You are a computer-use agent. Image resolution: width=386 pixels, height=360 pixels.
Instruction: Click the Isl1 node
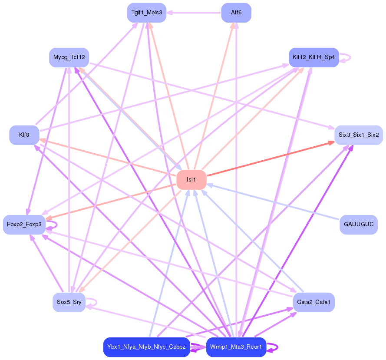pyautogui.click(x=191, y=180)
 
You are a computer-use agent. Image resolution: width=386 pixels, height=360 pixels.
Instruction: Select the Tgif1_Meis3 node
pyautogui.click(x=147, y=13)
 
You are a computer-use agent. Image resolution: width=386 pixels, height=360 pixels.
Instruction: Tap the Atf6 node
pyautogui.click(x=236, y=13)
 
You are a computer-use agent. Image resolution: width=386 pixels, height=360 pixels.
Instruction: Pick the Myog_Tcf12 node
pyautogui.click(x=69, y=57)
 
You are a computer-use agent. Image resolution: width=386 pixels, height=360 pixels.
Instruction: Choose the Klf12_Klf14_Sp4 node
pyautogui.click(x=313, y=57)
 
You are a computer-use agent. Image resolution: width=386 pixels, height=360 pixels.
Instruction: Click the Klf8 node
pyautogui.click(x=24, y=135)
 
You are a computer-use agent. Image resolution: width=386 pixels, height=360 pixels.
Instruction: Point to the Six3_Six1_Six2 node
pyautogui.click(x=358, y=135)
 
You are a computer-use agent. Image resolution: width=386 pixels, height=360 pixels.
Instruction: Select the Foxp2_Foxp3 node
pyautogui.click(x=24, y=225)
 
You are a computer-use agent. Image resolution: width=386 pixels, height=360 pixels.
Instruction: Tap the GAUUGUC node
pyautogui.click(x=358, y=225)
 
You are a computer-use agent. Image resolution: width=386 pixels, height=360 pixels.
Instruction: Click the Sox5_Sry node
pyautogui.click(x=69, y=302)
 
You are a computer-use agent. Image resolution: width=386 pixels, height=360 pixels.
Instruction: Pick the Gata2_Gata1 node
pyautogui.click(x=313, y=302)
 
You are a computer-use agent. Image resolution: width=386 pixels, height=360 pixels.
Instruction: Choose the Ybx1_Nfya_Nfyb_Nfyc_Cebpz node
pyautogui.click(x=147, y=347)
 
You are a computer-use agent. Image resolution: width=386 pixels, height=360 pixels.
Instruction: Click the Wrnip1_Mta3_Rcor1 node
pyautogui.click(x=236, y=347)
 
